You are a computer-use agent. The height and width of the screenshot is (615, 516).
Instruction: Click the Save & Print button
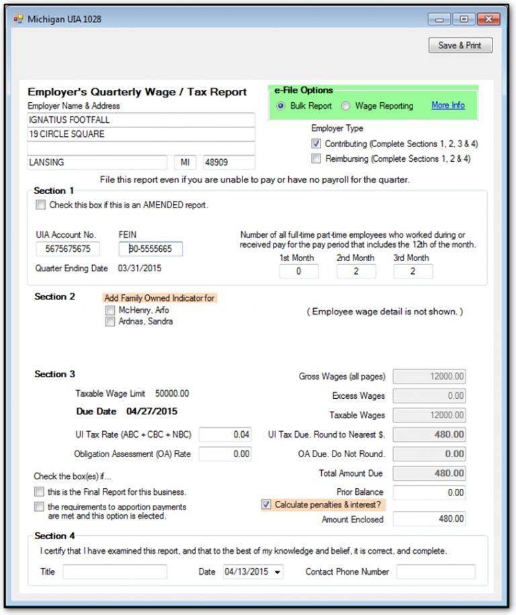460,45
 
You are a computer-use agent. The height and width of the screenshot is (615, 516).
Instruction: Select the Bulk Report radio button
281,106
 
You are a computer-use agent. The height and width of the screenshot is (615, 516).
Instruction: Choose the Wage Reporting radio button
346,106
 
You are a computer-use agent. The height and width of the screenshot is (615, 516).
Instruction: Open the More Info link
447,105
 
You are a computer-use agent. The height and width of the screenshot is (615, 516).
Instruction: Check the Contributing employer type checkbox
316,144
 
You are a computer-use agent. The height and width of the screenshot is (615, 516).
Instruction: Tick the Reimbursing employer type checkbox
316,159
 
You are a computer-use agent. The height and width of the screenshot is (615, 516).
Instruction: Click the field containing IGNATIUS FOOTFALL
141,120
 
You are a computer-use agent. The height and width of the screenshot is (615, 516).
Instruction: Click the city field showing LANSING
97,162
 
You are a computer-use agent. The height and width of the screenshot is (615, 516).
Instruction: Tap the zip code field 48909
228,162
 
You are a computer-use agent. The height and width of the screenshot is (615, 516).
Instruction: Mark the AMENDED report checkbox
41,205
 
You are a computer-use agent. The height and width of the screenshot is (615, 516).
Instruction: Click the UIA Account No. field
68,249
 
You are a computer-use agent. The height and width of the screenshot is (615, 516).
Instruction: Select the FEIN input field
150,249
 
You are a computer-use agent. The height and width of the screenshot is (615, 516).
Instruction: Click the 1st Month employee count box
298,271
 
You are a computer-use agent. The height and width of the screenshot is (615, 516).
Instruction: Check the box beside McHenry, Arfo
110,311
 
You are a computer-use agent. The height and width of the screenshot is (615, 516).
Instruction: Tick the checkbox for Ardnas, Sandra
110,322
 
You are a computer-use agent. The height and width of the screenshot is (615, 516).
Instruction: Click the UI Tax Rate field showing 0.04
225,434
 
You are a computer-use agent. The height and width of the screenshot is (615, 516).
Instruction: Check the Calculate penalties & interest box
267,505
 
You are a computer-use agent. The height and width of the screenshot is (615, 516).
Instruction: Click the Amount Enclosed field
429,519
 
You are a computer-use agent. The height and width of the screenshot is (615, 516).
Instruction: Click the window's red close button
488,19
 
